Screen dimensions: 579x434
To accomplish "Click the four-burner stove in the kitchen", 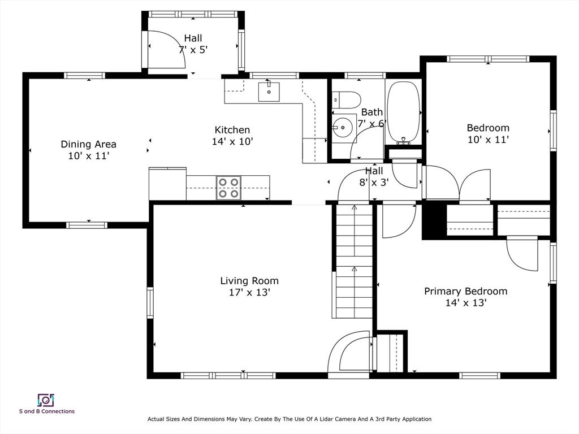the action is tap(228, 188).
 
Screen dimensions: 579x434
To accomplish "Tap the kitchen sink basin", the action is tap(269, 92).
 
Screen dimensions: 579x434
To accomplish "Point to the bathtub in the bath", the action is tap(403, 112).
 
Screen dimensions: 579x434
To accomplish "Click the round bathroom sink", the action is tap(343, 128).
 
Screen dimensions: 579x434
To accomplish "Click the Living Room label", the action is tap(249, 281).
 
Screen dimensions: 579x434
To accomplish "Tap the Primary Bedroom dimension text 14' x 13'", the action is tap(466, 303).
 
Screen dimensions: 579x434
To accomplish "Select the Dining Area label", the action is tap(89, 144).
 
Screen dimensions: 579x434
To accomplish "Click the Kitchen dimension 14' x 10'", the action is tap(232, 141).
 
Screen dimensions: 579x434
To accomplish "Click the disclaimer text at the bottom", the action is tap(289, 419).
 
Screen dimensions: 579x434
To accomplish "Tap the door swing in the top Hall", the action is tap(166, 49).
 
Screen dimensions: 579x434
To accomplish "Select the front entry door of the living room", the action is tap(349, 354).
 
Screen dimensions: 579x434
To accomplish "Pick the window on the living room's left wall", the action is tap(150, 303).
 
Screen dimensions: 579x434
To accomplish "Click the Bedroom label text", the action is tap(488, 128).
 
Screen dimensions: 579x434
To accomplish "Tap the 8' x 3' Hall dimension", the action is tap(374, 183).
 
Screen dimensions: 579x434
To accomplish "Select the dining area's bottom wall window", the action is tap(87, 225).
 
